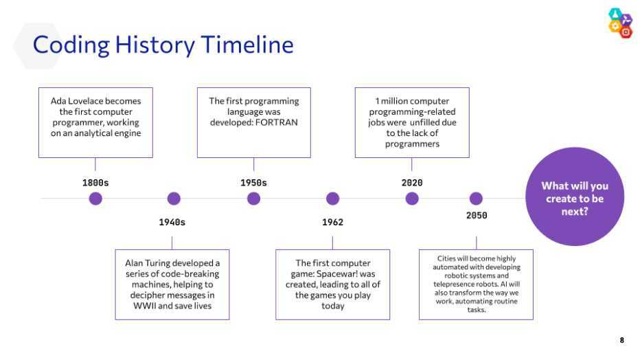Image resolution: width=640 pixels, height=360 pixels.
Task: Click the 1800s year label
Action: coord(95,183)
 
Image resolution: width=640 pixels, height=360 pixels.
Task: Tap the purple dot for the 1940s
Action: coord(174,199)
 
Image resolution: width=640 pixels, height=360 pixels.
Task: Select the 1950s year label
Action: coord(253,183)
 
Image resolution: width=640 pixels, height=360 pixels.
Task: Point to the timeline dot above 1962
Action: coord(332,199)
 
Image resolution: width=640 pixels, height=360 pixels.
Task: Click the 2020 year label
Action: coord(412,183)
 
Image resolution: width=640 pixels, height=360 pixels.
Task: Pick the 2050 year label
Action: coord(477,216)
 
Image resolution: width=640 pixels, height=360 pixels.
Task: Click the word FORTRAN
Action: coord(276,122)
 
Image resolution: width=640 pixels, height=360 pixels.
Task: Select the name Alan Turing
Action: coord(146,263)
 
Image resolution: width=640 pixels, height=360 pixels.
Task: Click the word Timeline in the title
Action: coord(247,45)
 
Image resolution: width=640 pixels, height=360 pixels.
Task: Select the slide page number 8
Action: coord(621,340)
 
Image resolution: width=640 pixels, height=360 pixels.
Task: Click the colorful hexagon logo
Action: coord(620,23)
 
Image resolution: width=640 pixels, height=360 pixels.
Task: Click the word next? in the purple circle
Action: coord(575,212)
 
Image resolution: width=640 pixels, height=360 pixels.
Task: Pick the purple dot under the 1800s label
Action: coord(95,199)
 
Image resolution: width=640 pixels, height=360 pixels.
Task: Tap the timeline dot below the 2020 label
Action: coord(412,199)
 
